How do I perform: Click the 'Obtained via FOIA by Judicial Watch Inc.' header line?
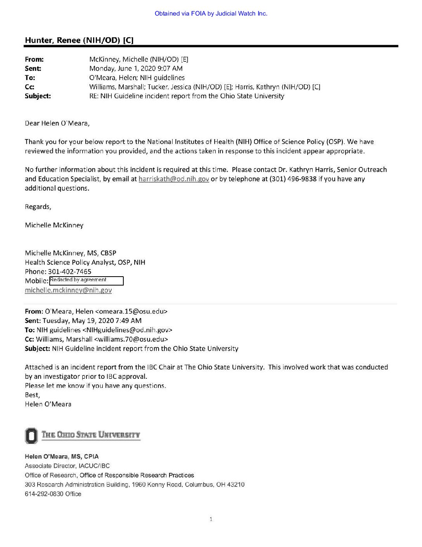point(211,14)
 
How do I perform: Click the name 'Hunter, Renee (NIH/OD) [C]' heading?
point(79,40)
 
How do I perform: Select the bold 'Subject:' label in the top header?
point(38,96)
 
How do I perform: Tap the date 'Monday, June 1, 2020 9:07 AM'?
point(136,68)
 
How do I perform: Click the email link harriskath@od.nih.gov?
point(174,179)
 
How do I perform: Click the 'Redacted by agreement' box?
point(86,280)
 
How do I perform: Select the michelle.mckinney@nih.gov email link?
point(68,290)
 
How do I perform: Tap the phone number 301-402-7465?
point(70,272)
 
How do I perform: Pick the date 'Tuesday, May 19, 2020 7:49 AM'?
point(92,321)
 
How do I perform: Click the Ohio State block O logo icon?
point(31,436)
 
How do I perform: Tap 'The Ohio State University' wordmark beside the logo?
point(91,435)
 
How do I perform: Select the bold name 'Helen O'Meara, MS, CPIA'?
point(62,456)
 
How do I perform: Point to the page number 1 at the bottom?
point(211,519)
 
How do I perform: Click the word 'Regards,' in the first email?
point(38,207)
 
